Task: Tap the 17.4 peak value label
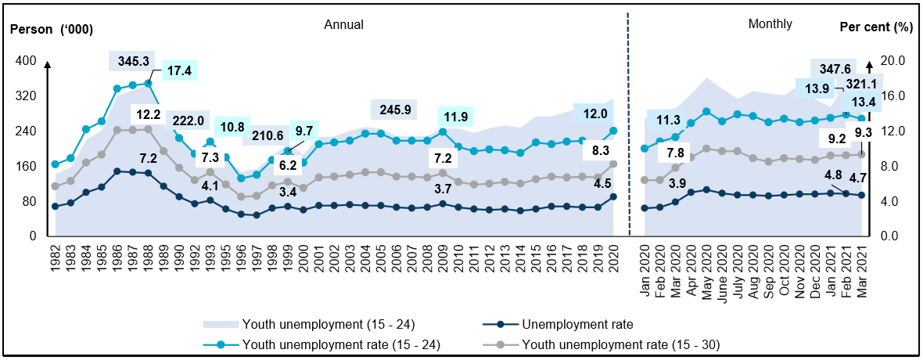180,71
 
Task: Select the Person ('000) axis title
52,30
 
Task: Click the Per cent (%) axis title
876,26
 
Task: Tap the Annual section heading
344,24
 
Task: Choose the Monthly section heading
770,24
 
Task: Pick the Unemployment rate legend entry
577,323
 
